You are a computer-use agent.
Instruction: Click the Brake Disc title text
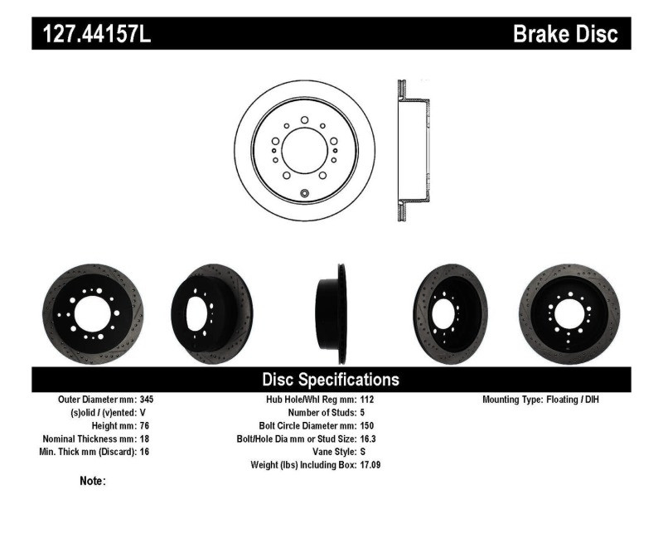click(565, 34)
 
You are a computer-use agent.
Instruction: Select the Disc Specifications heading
click(331, 380)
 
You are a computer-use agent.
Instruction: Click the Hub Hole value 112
click(367, 399)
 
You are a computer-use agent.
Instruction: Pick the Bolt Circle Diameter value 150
click(367, 425)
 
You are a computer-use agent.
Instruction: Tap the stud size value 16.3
click(369, 439)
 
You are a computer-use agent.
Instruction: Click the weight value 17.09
click(370, 465)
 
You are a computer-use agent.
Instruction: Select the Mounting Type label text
click(514, 399)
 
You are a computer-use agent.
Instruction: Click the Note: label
click(92, 481)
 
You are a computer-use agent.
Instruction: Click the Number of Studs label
click(322, 412)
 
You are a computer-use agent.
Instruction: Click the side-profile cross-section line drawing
click(413, 151)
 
